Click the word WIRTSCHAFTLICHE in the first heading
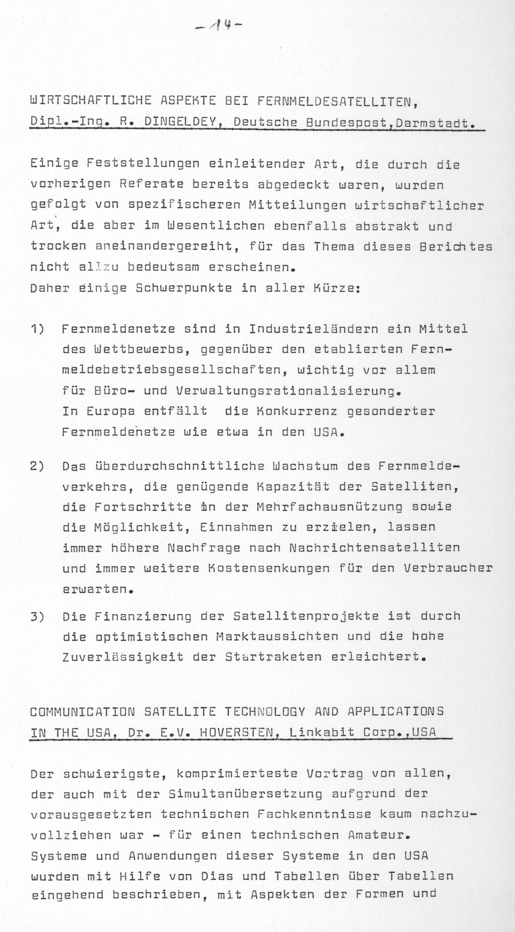[x=91, y=100]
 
